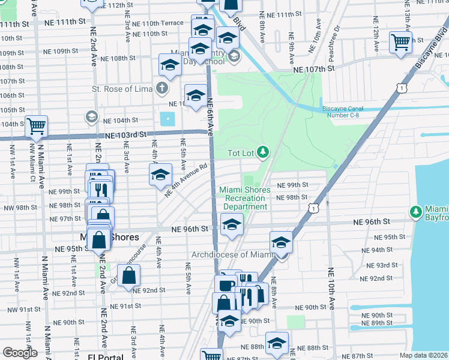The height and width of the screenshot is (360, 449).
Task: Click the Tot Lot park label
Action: click(x=242, y=153)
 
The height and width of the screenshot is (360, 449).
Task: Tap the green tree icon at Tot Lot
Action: click(x=262, y=153)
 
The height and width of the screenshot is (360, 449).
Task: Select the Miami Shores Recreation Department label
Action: click(x=244, y=198)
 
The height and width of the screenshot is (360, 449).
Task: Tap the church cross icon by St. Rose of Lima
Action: click(x=161, y=89)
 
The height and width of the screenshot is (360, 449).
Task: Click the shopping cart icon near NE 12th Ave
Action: click(x=400, y=43)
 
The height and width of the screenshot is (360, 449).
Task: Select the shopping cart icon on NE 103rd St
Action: click(x=37, y=126)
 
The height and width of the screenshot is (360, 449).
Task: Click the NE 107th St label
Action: click(x=313, y=70)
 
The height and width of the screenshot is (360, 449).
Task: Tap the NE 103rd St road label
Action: click(x=125, y=136)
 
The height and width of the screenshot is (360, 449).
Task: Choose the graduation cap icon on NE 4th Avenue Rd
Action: click(x=160, y=175)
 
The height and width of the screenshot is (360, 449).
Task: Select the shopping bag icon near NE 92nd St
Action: click(x=129, y=276)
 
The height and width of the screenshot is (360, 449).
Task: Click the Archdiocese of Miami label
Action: click(x=232, y=254)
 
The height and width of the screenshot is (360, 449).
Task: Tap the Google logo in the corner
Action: click(x=20, y=352)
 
